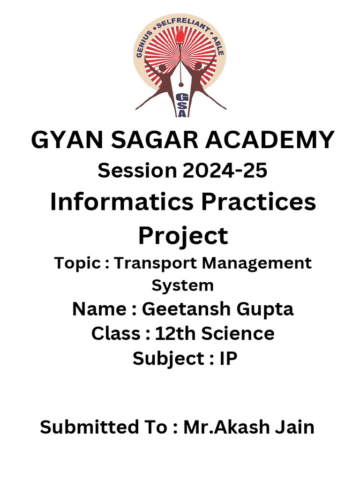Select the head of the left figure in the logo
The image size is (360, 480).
pos(163,68)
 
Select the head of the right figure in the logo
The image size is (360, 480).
pos(198,66)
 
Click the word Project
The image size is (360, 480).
pos(183,235)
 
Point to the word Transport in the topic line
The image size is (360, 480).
pos(157,262)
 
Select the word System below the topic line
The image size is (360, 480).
pos(183,285)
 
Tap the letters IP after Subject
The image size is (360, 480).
pos(228,359)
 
